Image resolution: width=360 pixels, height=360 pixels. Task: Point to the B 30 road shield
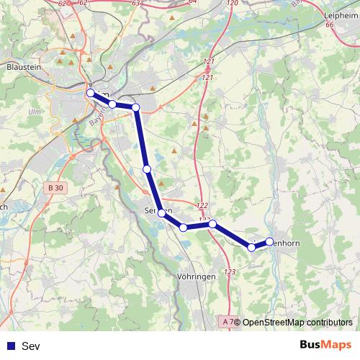pyautogui.click(x=53, y=188)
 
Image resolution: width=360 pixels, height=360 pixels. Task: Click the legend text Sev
pyautogui.click(x=32, y=346)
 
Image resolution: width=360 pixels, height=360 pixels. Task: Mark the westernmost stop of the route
pyautogui.click(x=91, y=93)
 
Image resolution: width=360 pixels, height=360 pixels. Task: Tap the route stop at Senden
pyautogui.click(x=163, y=213)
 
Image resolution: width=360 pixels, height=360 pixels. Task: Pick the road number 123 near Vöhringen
pyautogui.click(x=230, y=271)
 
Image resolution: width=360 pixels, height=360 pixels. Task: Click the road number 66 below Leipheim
pyautogui.click(x=330, y=25)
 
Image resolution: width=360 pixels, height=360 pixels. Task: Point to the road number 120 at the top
pyautogui.click(x=232, y=4)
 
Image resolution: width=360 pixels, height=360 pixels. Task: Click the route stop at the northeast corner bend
pyautogui.click(x=135, y=108)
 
